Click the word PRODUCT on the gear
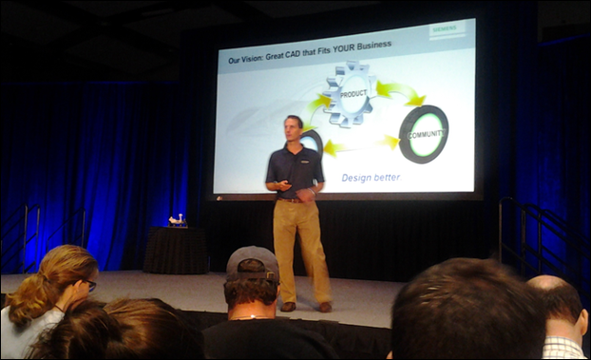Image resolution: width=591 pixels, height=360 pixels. click(x=353, y=93)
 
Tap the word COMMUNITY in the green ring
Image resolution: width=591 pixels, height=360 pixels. click(x=425, y=135)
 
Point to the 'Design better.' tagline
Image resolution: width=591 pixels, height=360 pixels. click(x=371, y=177)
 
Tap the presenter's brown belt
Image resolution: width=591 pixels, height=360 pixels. click(x=293, y=199)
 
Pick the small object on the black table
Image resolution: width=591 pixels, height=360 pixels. click(x=177, y=220)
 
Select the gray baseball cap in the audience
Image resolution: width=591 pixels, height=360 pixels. click(x=253, y=262)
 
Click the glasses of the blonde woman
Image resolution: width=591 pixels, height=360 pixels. click(x=87, y=284)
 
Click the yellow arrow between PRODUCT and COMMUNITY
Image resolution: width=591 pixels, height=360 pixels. click(x=399, y=92)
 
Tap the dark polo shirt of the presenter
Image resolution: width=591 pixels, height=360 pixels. click(x=295, y=168)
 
